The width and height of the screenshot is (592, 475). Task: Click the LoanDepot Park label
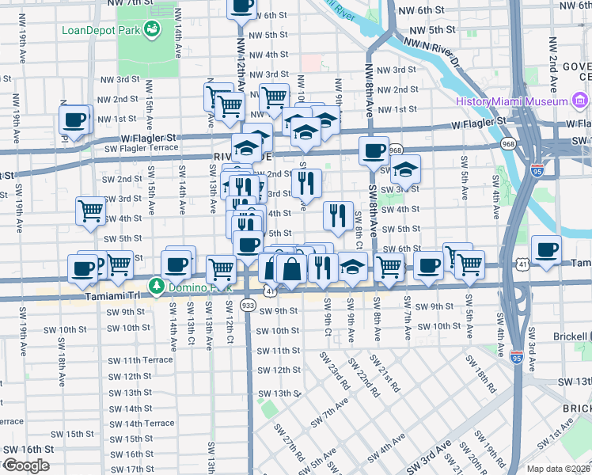coord(99,31)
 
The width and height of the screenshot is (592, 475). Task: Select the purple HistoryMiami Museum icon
coord(580,101)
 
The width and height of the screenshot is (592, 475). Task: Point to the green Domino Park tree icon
coord(157,285)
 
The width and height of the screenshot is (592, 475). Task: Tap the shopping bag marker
coord(292,268)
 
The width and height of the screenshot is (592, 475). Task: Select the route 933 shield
coord(249,304)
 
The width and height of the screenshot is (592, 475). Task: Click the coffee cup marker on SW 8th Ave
coord(374,150)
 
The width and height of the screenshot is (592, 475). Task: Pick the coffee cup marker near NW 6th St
coord(242,6)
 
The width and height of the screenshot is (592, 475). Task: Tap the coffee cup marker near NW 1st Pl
coord(74,121)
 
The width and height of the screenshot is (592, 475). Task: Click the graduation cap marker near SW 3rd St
coord(405,169)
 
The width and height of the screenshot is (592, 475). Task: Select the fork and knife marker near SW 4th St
coord(338,215)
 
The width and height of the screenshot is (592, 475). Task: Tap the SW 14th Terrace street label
coord(142,423)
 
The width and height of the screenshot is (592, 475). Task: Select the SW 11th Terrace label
coord(140,359)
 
